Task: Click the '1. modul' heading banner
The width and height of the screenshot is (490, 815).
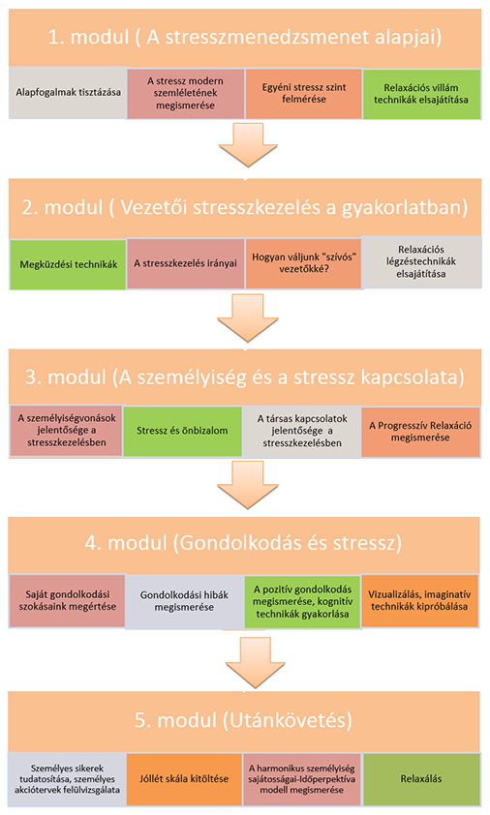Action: [x=245, y=38]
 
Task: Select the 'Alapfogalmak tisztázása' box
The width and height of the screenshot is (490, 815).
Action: [x=68, y=93]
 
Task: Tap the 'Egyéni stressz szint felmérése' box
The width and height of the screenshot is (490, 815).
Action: [x=304, y=94]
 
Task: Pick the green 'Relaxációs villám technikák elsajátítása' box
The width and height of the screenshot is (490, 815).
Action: [x=421, y=94]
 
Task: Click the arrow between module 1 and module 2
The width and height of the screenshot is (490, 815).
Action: [x=248, y=145]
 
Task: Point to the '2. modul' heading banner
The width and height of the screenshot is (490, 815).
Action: [x=245, y=208]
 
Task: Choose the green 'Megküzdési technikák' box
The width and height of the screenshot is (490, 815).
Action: [x=68, y=264]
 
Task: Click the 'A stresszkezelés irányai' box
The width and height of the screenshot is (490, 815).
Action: [x=185, y=263]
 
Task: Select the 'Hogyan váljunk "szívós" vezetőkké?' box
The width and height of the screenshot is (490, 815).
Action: [x=304, y=263]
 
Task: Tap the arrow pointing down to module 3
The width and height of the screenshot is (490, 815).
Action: [x=248, y=318]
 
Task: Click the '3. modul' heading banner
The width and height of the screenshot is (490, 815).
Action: [x=244, y=377]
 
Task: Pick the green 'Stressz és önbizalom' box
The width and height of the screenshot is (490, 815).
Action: [x=183, y=431]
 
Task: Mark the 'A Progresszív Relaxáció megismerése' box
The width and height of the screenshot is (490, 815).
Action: [x=420, y=432]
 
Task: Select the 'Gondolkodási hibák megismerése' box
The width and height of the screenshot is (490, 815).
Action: [x=184, y=601]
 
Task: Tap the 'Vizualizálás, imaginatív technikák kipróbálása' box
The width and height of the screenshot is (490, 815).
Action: [x=419, y=600]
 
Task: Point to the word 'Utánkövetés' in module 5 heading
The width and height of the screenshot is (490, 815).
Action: [x=288, y=720]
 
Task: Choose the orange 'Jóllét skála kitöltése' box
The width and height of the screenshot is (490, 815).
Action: [x=184, y=778]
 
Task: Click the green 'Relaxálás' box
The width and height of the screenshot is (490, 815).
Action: [x=421, y=778]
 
